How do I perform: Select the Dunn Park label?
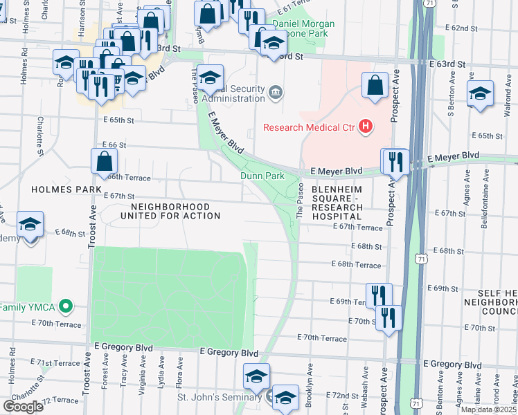click(x=262, y=176)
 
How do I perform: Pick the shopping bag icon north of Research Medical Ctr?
click(x=375, y=86)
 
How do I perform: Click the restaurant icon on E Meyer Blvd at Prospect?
click(x=395, y=161)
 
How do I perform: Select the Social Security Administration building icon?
click(x=276, y=93)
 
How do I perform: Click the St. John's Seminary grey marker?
click(x=271, y=397)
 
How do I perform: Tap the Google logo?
click(x=23, y=406)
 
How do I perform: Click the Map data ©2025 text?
click(x=488, y=409)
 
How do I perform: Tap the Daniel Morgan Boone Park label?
click(x=303, y=28)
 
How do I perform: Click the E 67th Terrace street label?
click(x=357, y=227)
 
